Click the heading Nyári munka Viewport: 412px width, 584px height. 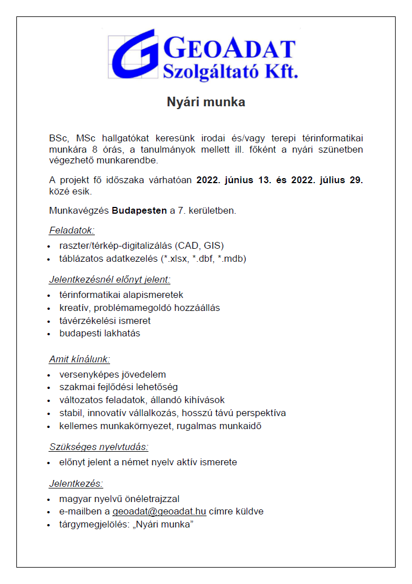coord(205,102)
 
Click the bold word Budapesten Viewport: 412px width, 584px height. coord(139,211)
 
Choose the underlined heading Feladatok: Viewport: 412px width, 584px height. coord(72,230)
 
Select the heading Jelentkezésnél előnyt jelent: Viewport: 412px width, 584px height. coord(109,279)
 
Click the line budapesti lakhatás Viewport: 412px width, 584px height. coord(99,334)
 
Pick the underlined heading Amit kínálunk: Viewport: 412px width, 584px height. coord(79,359)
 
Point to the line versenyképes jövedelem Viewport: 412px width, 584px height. coord(112,374)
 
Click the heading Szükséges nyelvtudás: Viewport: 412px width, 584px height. coord(98,447)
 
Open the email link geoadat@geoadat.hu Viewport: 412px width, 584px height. coord(159,512)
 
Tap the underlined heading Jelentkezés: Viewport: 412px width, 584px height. coord(76,483)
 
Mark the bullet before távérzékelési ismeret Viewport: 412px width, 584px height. coord(51,321)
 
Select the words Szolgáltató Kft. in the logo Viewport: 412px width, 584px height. coord(230,72)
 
